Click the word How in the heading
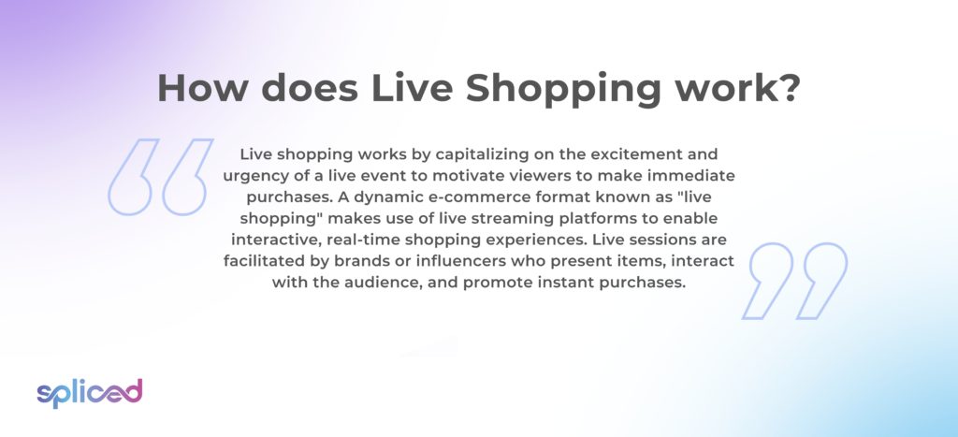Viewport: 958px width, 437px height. tap(202, 88)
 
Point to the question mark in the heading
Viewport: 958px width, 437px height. tap(787, 88)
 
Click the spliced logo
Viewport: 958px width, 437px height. tap(90, 393)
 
